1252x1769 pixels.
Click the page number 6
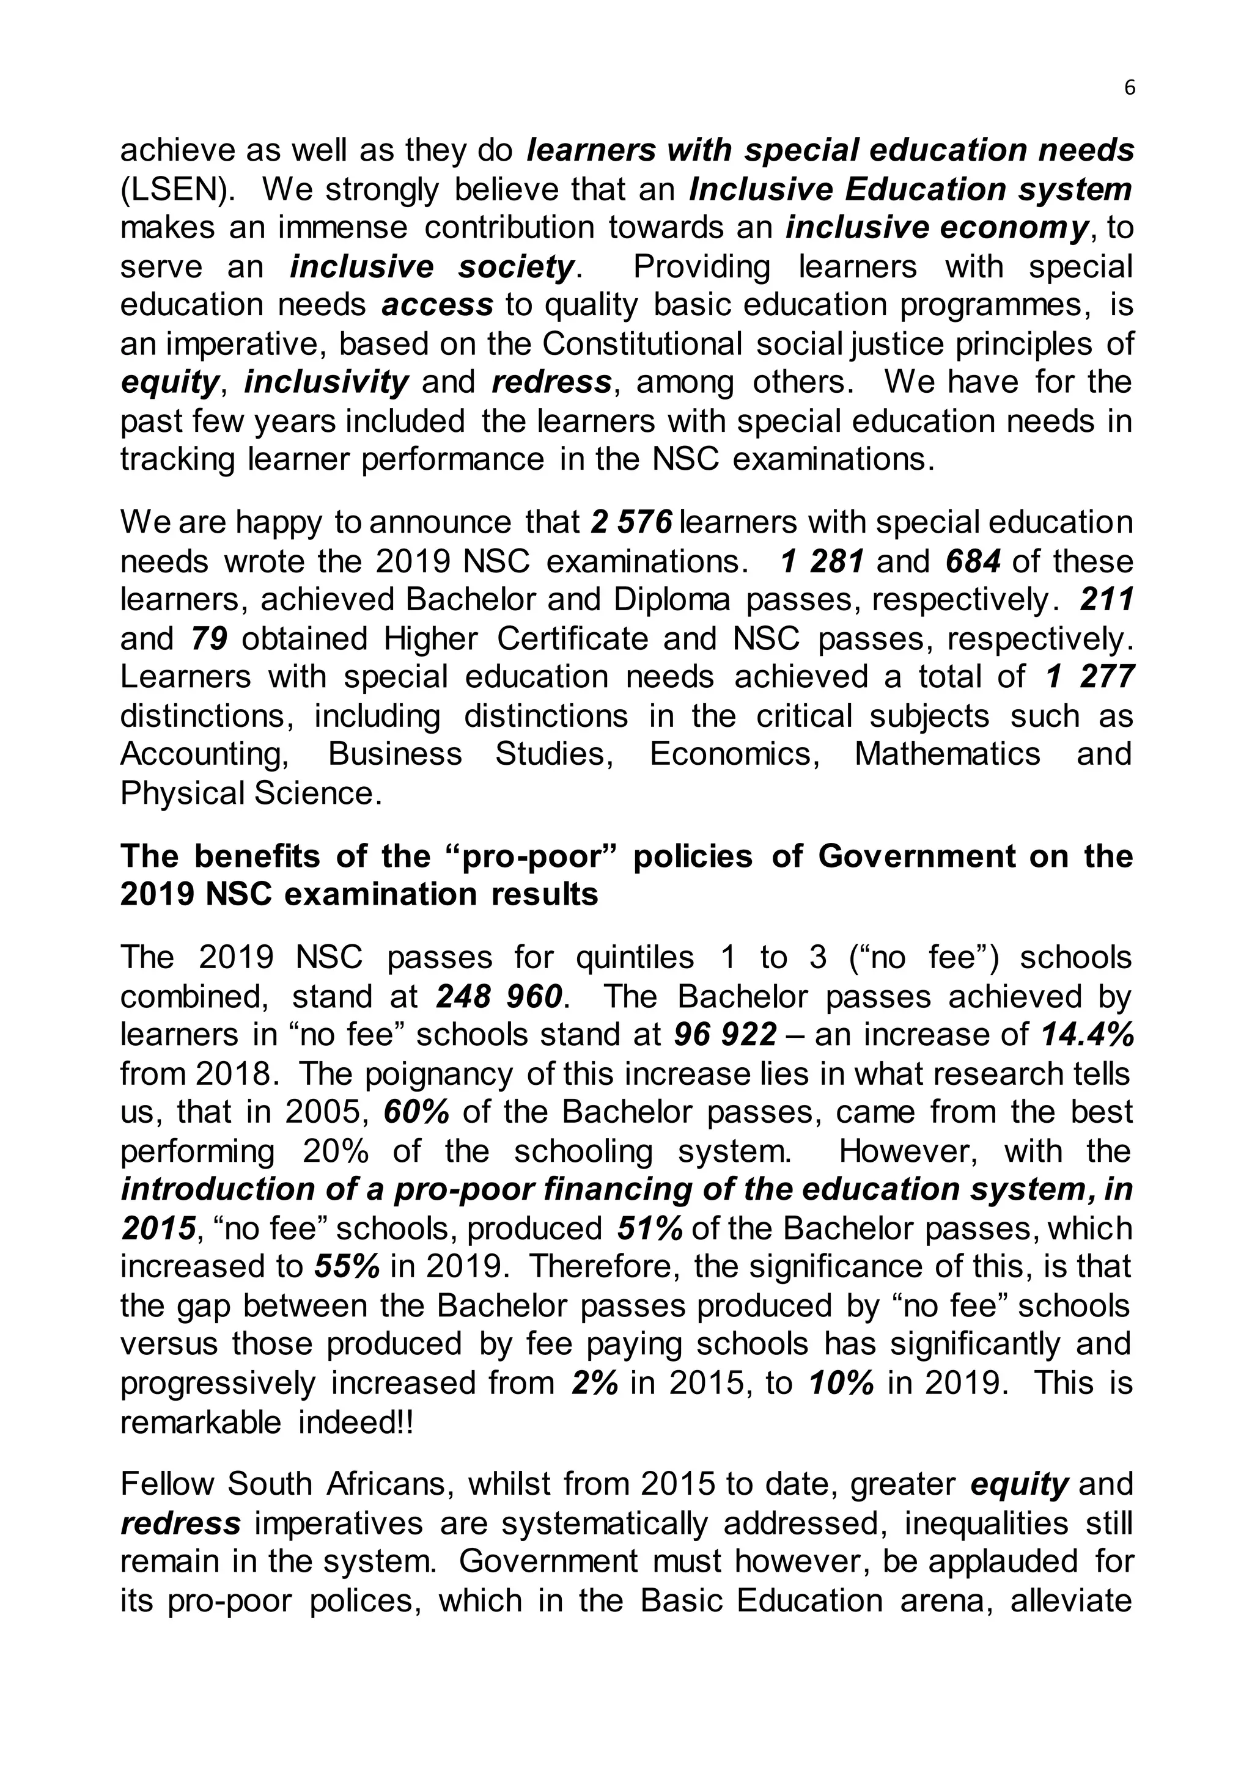1129,89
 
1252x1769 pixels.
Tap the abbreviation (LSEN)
177,189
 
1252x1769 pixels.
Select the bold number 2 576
632,522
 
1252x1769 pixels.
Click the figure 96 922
724,1035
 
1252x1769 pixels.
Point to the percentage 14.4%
1087,1035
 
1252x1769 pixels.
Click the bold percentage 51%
650,1228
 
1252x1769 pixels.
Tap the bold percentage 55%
347,1267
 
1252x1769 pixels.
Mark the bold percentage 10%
842,1383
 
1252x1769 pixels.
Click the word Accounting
204,754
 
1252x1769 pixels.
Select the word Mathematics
948,754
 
